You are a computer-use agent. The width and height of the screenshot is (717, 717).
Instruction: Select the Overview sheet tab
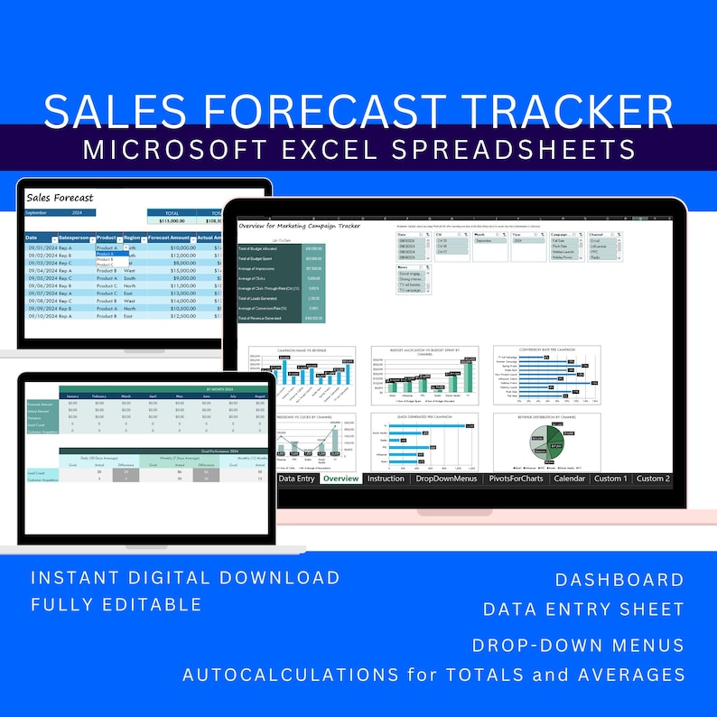point(340,479)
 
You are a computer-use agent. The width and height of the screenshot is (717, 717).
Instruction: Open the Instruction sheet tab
point(386,479)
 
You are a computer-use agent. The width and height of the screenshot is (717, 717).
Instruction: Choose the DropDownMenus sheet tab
point(446,479)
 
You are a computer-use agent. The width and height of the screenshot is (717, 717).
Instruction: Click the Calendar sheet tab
point(570,479)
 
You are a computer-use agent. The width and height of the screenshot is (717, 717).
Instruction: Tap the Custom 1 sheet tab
point(610,479)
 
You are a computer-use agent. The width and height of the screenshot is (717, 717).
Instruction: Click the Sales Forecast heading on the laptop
point(60,196)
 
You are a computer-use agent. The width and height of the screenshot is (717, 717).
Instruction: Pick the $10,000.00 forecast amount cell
point(172,247)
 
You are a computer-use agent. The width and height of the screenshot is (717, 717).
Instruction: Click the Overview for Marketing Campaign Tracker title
point(299,226)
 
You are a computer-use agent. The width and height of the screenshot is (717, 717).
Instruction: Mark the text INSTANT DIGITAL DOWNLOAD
point(185,578)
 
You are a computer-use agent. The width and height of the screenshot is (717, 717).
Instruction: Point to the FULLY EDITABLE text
point(116,604)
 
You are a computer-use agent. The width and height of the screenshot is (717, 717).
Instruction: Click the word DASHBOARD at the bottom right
point(619,580)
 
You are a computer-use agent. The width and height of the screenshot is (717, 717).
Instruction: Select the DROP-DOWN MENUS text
point(578,646)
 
